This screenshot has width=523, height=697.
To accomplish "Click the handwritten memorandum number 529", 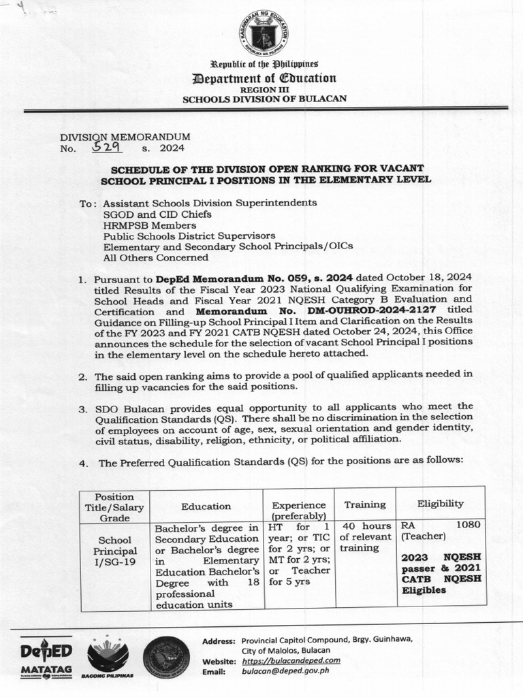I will pyautogui.click(x=106, y=146).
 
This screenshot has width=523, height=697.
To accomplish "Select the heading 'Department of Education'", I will pyautogui.click(x=264, y=78).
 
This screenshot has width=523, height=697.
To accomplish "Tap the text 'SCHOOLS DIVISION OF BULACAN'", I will pyautogui.click(x=264, y=99).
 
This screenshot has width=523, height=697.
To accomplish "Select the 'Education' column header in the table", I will pyautogui.click(x=206, y=506).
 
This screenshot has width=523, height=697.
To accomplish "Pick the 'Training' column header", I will pyautogui.click(x=365, y=504).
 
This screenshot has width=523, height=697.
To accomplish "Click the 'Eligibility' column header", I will pyautogui.click(x=441, y=504).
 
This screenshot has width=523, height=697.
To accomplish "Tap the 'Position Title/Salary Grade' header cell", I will pyautogui.click(x=114, y=506).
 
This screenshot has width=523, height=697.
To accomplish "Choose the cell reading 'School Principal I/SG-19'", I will pyautogui.click(x=114, y=550).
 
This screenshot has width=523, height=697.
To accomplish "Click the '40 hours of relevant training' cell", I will pyautogui.click(x=366, y=537).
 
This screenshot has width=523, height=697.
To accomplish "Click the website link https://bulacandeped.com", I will pyautogui.click(x=291, y=660).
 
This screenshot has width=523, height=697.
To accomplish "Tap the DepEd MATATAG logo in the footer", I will pyautogui.click(x=46, y=657).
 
